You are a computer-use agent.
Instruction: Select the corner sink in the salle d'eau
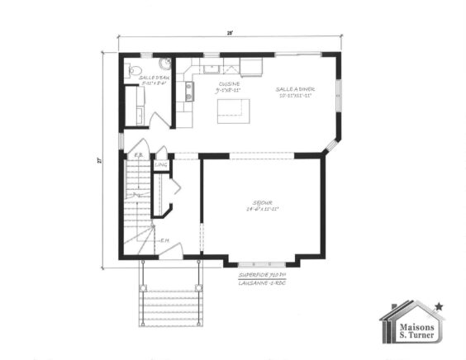click(x=164, y=63)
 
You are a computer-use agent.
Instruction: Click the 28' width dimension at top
click(x=231, y=33)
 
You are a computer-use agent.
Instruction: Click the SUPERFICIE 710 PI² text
click(x=261, y=274)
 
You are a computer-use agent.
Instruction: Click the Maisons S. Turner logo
click(x=411, y=324)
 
